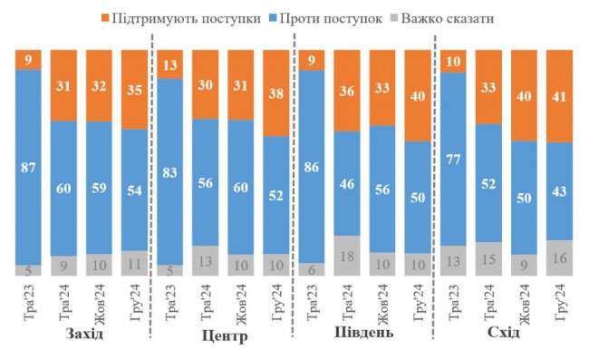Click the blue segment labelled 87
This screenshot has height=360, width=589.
pos(29,167)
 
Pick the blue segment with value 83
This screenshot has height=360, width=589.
pos(170,171)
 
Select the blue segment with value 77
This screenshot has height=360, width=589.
pos(454,158)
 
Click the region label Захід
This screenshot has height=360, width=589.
pos(84,335)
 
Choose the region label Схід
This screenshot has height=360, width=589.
pos(503,335)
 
